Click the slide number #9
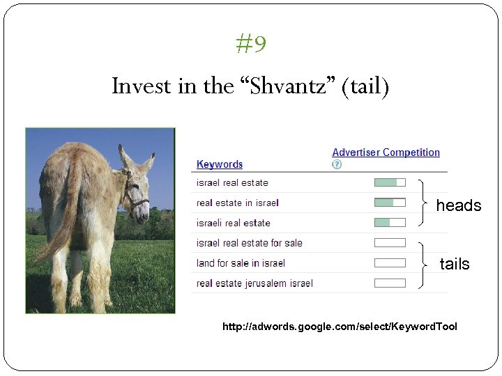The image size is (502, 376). [x=251, y=45]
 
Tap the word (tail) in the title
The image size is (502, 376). [x=365, y=86]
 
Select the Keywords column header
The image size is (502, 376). [x=220, y=164]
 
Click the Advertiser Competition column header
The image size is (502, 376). [x=386, y=152]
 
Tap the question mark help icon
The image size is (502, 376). [x=337, y=165]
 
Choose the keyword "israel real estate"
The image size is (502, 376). [x=232, y=183]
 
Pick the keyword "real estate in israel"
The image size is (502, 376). [x=237, y=203]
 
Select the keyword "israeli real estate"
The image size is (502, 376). [x=233, y=224]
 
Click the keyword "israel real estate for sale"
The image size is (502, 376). [x=249, y=243]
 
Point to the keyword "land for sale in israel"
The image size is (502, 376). [x=241, y=263]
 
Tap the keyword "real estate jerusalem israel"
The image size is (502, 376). [x=254, y=283]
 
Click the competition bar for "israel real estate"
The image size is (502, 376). [x=390, y=182]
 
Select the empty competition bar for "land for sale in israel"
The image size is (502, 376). [x=390, y=263]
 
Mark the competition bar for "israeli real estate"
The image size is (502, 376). [x=390, y=223]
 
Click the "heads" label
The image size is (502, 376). [x=458, y=205]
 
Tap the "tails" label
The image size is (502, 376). [x=455, y=264]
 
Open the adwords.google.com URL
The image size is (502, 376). [x=340, y=327]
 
